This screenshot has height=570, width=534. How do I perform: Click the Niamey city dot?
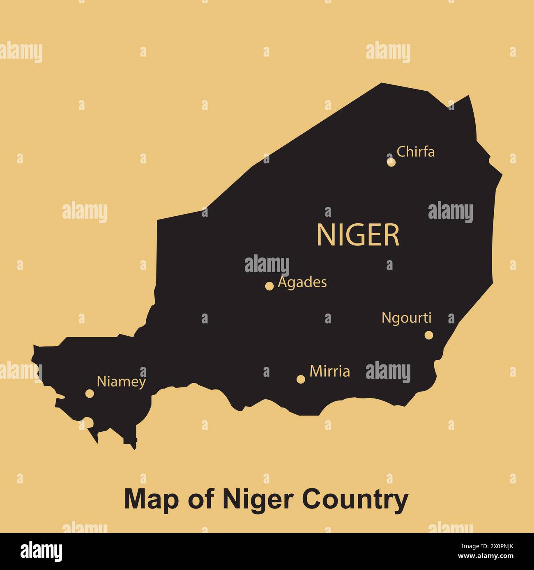(90, 394)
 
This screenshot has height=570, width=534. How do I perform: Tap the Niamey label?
(121, 382)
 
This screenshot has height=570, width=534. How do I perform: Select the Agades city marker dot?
(269, 286)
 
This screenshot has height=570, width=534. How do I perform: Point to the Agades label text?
(302, 282)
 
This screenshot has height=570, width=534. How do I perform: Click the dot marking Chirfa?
(391, 162)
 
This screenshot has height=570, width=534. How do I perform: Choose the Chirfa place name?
(416, 152)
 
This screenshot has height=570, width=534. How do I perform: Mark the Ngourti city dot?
(429, 335)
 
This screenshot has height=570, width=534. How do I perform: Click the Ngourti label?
(407, 318)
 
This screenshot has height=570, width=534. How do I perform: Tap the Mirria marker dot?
(301, 379)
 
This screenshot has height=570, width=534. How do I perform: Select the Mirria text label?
(330, 371)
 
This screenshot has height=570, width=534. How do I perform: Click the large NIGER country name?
(358, 235)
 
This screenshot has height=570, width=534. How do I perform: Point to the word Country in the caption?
(355, 499)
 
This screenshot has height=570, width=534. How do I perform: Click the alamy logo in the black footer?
(41, 551)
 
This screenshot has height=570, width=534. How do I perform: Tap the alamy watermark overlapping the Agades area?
(267, 265)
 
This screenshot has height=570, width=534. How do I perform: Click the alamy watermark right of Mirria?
(388, 372)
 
